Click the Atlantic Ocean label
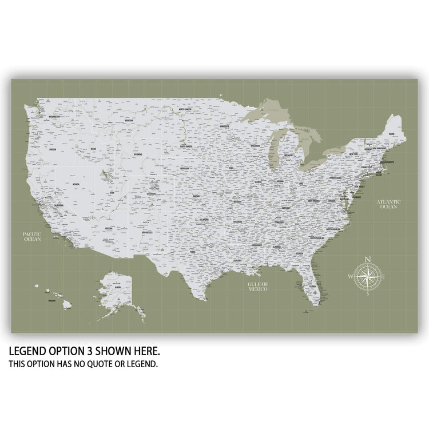[x=389, y=204]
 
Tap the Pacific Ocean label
[x=32, y=237]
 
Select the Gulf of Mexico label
[x=258, y=287]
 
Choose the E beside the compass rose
[x=384, y=277]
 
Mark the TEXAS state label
[x=193, y=251]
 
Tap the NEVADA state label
[x=76, y=184]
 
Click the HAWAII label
[x=52, y=300]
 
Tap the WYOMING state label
[x=138, y=154]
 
